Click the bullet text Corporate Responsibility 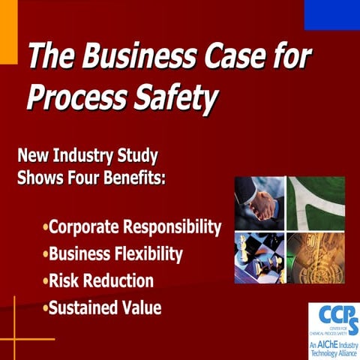pyautogui.click(x=136, y=226)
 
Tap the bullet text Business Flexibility pyautogui.click(x=115, y=253)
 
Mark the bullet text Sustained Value pyautogui.click(x=105, y=307)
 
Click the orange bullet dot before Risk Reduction pyautogui.click(x=46, y=281)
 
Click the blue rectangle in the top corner pyautogui.click(x=331, y=14)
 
